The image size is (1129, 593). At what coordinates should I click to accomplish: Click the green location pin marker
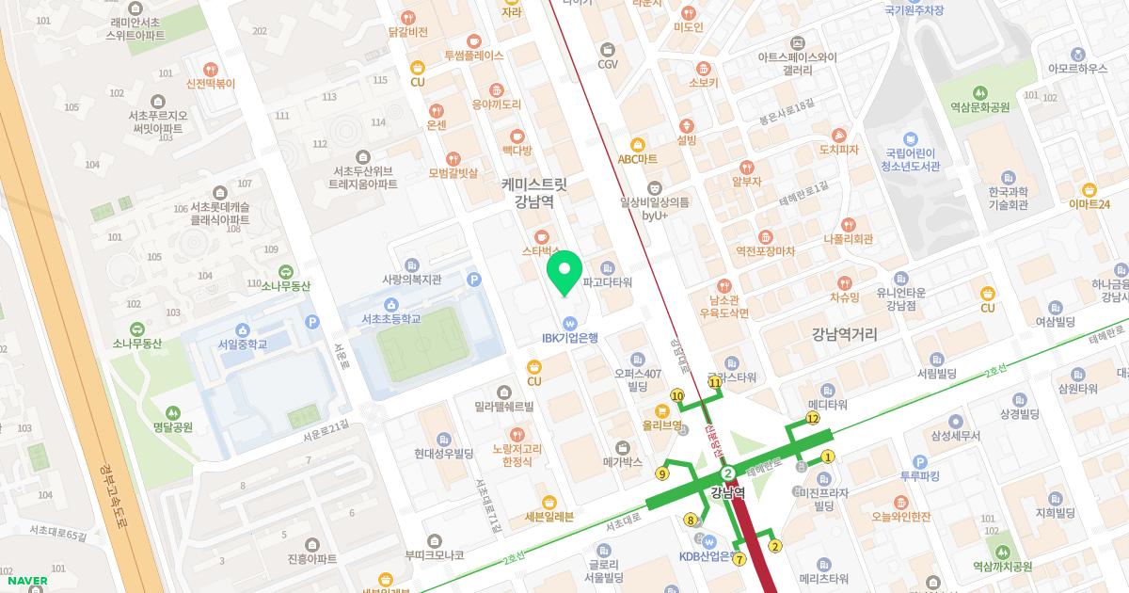tap(564, 272)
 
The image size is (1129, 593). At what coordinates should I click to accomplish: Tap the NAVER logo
tap(25, 581)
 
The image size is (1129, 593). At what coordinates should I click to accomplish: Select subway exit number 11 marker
tap(715, 383)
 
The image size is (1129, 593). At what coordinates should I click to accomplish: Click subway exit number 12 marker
tap(813, 418)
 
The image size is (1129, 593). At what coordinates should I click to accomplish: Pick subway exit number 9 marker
tap(662, 473)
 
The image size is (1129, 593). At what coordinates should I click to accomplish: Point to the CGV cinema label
tap(608, 64)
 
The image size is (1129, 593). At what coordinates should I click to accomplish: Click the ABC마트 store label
tap(637, 159)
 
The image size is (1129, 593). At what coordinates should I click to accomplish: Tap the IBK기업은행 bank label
tap(570, 337)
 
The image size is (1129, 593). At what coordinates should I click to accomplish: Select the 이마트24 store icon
tap(1089, 189)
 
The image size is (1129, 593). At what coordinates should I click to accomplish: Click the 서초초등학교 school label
tap(390, 319)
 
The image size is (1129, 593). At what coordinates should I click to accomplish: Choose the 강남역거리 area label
tap(844, 333)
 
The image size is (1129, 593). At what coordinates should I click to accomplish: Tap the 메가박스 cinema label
tap(622, 462)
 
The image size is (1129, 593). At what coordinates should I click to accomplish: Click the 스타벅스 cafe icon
tap(541, 236)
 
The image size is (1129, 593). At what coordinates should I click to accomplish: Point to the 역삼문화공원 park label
tap(979, 107)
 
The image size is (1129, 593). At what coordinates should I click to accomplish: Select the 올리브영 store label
tap(661, 425)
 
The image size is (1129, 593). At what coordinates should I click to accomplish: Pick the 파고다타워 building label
tap(607, 282)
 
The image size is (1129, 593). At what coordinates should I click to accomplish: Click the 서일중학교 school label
tap(243, 345)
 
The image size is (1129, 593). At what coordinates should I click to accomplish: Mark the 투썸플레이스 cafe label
tap(473, 56)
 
